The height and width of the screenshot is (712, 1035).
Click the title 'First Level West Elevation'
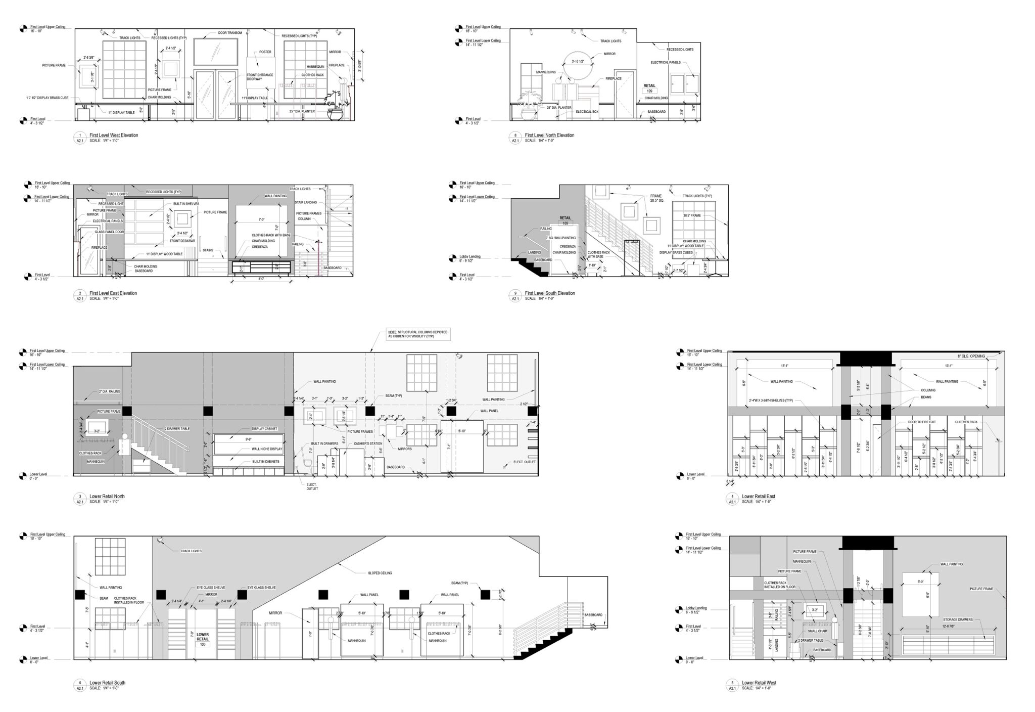tap(114, 135)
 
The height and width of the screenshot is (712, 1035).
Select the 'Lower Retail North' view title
tap(107, 496)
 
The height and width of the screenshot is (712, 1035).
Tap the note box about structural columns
tap(417, 334)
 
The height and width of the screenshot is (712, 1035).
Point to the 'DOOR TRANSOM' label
tap(230, 33)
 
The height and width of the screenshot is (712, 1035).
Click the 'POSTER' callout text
tap(265, 52)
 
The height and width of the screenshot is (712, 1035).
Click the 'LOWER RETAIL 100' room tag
tap(203, 638)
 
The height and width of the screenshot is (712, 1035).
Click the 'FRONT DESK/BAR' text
tap(183, 241)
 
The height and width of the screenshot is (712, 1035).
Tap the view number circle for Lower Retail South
tap(79, 683)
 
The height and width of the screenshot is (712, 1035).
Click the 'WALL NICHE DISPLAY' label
tap(266, 449)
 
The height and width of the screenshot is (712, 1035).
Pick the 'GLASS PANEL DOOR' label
tap(109, 232)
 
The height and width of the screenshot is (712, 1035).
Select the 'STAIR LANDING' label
tap(305, 202)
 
